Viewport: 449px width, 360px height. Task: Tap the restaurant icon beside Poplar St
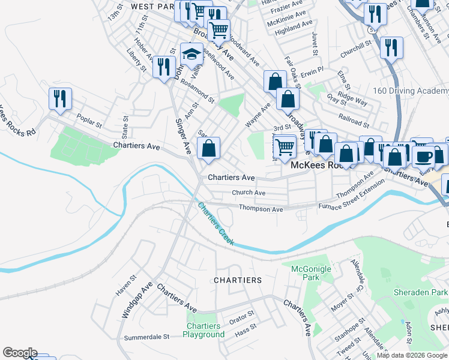[60, 99]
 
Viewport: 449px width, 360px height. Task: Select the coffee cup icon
[424, 156]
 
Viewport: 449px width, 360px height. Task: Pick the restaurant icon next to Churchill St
[391, 48]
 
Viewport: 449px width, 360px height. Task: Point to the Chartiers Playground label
[203, 330]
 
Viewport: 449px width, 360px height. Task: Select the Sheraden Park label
[420, 292]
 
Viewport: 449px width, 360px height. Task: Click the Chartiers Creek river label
[215, 224]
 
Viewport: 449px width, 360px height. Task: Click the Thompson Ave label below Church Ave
[261, 209]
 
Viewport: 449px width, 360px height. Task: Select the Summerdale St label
[146, 338]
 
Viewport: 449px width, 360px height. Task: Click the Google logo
[20, 353]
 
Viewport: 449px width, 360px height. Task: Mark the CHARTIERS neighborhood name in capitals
[238, 280]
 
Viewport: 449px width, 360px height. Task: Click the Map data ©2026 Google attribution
[412, 355]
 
